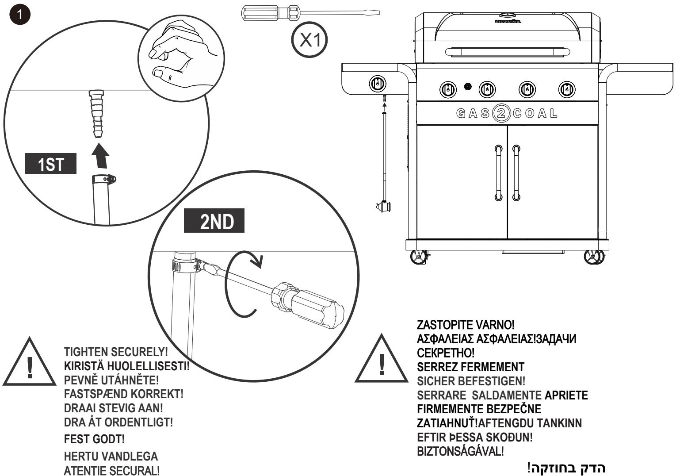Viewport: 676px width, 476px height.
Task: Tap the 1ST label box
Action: tap(50, 165)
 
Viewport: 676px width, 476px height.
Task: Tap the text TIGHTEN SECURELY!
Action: tap(116, 353)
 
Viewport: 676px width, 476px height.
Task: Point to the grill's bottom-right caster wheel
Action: tap(593, 257)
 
